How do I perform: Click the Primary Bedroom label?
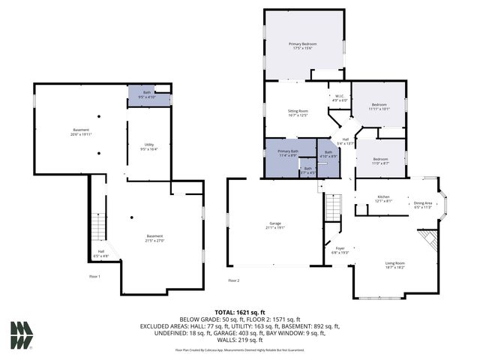pos(304,44)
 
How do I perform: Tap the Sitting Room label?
pos(298,112)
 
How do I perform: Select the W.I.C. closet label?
pos(339,95)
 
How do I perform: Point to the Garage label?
pos(275,223)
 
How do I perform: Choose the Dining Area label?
pos(423,203)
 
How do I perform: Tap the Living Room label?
pos(395,263)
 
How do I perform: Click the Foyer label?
pos(340,248)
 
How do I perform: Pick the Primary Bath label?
pos(288,151)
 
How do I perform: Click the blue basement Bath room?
pos(148,94)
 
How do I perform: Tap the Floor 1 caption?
pos(94,276)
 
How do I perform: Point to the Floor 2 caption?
pos(234,280)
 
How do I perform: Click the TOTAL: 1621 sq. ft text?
pos(240,311)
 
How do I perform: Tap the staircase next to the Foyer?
pos(332,205)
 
